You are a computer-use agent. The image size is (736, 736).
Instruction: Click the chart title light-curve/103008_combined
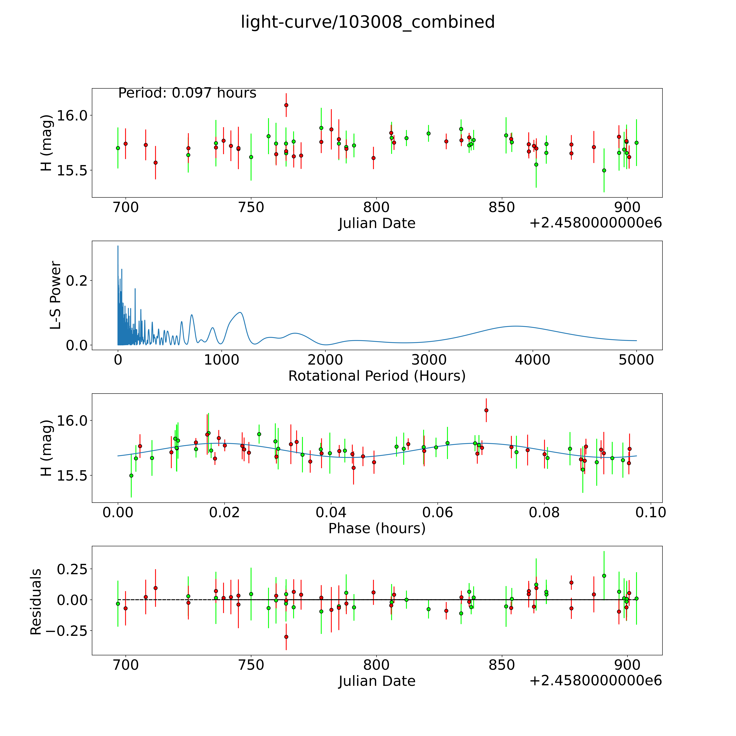point(368,22)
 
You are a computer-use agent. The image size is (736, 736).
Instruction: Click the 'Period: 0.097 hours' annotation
point(187,93)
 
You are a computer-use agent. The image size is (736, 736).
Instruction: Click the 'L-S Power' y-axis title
point(56,295)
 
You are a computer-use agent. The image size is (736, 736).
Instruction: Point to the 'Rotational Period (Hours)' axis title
point(377,376)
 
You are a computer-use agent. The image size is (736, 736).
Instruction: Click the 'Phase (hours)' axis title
point(377,528)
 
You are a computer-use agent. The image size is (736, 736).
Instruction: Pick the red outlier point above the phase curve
point(486,410)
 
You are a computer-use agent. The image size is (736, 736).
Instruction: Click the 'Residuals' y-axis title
point(36,602)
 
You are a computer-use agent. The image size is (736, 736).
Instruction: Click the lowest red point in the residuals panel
point(286,637)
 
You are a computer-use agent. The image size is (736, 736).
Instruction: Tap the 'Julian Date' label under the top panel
point(377,223)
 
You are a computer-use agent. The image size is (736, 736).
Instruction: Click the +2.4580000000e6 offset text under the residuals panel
point(595,681)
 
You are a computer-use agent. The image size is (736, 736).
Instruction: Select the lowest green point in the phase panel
point(131,475)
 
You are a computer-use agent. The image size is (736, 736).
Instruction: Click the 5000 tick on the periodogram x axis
point(636,360)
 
